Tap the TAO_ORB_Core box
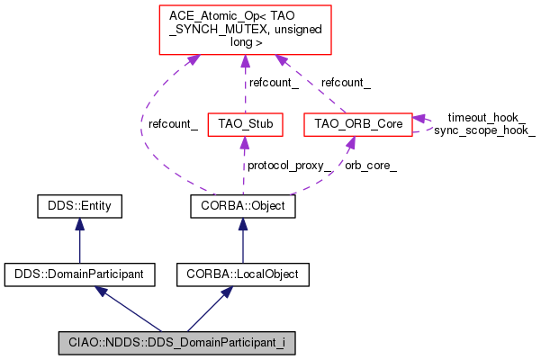357,121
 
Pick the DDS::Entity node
78,207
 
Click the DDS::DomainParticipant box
78,271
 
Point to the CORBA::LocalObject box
242,271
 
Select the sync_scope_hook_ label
484,130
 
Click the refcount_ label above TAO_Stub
274,82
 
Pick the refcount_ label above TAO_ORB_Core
346,82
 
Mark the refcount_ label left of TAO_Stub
173,124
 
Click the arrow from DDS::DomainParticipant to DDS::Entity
78,239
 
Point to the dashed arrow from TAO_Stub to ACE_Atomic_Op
245,85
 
